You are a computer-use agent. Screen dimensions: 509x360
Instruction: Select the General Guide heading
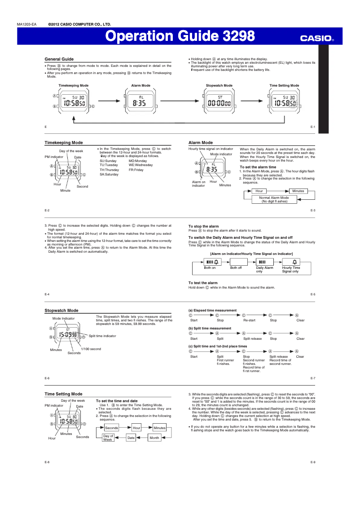pyautogui.click(x=59, y=59)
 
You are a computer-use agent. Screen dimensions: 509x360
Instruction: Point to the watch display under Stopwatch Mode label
pyautogui.click(x=219, y=102)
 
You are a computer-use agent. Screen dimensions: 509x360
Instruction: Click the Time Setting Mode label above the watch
pyautogui.click(x=284, y=85)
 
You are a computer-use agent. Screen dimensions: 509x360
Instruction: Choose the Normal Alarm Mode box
pyautogui.click(x=274, y=199)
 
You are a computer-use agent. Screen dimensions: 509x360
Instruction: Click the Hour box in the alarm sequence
pyautogui.click(x=259, y=191)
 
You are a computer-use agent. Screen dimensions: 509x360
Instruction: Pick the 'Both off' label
pyautogui.click(x=236, y=268)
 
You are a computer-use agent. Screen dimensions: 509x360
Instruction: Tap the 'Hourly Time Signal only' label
pyautogui.click(x=291, y=269)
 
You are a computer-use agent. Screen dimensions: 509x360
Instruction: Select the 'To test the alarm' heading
pyautogui.click(x=203, y=283)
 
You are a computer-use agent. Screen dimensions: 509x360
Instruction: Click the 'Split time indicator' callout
pyautogui.click(x=102, y=336)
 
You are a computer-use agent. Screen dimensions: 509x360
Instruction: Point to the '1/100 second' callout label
pyautogui.click(x=91, y=349)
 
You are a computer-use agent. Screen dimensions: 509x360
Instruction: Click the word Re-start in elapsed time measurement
pyautogui.click(x=249, y=320)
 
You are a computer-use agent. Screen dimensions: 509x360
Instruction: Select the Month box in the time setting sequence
pyautogui.click(x=154, y=438)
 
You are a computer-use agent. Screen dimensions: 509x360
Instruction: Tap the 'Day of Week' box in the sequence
pyautogui.click(x=108, y=438)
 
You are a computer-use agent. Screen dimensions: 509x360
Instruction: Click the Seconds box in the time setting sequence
pyautogui.click(x=111, y=428)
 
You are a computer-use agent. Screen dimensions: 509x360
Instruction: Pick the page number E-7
pyautogui.click(x=313, y=378)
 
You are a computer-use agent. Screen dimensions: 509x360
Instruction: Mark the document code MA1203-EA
pyautogui.click(x=26, y=24)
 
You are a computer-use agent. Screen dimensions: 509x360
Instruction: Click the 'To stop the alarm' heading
pyautogui.click(x=203, y=226)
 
